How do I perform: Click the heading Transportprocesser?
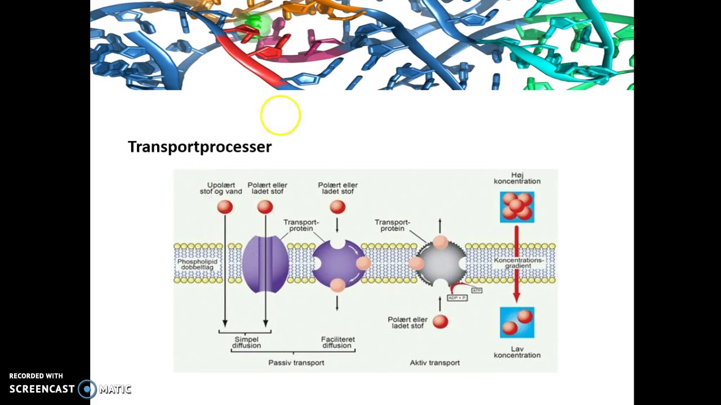[x=199, y=147]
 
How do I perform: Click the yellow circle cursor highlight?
[x=281, y=115]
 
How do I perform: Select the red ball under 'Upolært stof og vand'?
[x=225, y=207]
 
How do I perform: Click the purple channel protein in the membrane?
[x=265, y=263]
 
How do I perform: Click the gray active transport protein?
[x=441, y=263]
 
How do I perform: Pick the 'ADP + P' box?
[x=457, y=297]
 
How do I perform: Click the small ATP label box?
[x=477, y=290]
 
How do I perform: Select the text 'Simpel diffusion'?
[x=246, y=342]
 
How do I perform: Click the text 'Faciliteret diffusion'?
[x=338, y=342]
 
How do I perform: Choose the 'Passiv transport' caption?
[x=296, y=363]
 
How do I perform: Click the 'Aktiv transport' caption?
[x=435, y=363]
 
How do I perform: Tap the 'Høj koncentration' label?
[x=517, y=178]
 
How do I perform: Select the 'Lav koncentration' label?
[x=517, y=352]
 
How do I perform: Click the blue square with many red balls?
[x=517, y=207]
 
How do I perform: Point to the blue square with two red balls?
[x=517, y=322]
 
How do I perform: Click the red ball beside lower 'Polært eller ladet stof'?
[x=440, y=322]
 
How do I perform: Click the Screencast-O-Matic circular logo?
[x=87, y=389]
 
